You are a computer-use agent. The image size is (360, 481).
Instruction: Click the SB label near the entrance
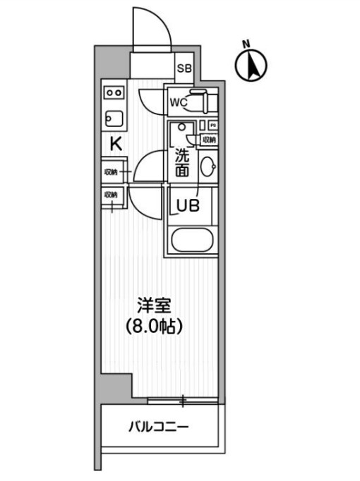(184, 68)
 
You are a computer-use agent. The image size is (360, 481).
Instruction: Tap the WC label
(177, 102)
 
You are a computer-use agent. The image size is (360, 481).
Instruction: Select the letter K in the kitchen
(115, 144)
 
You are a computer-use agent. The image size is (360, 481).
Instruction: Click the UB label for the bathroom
(188, 205)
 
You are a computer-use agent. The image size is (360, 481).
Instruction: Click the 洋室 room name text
(154, 306)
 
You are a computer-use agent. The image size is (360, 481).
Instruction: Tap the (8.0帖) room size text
(155, 327)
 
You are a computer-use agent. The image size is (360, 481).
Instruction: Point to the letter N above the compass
(246, 43)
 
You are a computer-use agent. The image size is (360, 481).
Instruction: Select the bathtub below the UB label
(191, 242)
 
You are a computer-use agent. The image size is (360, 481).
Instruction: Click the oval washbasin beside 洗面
(208, 168)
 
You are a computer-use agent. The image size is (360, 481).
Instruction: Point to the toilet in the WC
(203, 103)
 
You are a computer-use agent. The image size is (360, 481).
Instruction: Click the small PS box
(212, 126)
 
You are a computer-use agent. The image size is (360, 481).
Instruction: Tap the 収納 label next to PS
(210, 139)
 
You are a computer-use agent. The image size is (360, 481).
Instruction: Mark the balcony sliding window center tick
(183, 401)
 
